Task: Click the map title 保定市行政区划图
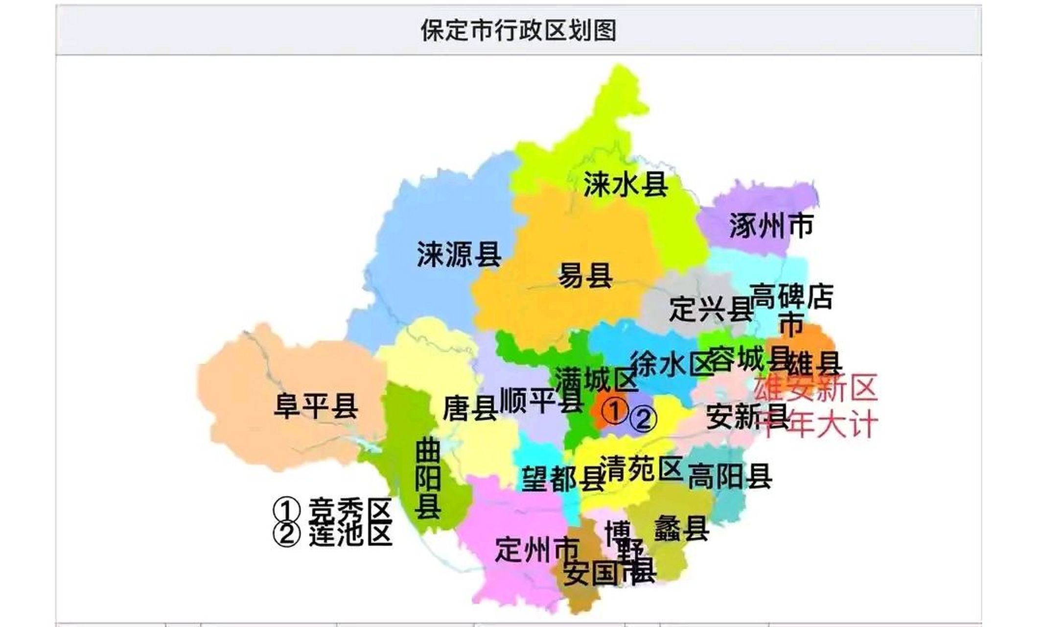(518, 31)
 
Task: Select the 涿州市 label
(771, 226)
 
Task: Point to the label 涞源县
(459, 254)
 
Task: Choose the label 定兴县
(711, 309)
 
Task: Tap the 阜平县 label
(316, 406)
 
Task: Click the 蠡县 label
(681, 528)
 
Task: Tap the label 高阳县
(730, 476)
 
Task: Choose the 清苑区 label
(641, 468)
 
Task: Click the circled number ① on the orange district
(614, 410)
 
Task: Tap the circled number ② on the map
(643, 419)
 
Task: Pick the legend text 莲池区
(350, 534)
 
